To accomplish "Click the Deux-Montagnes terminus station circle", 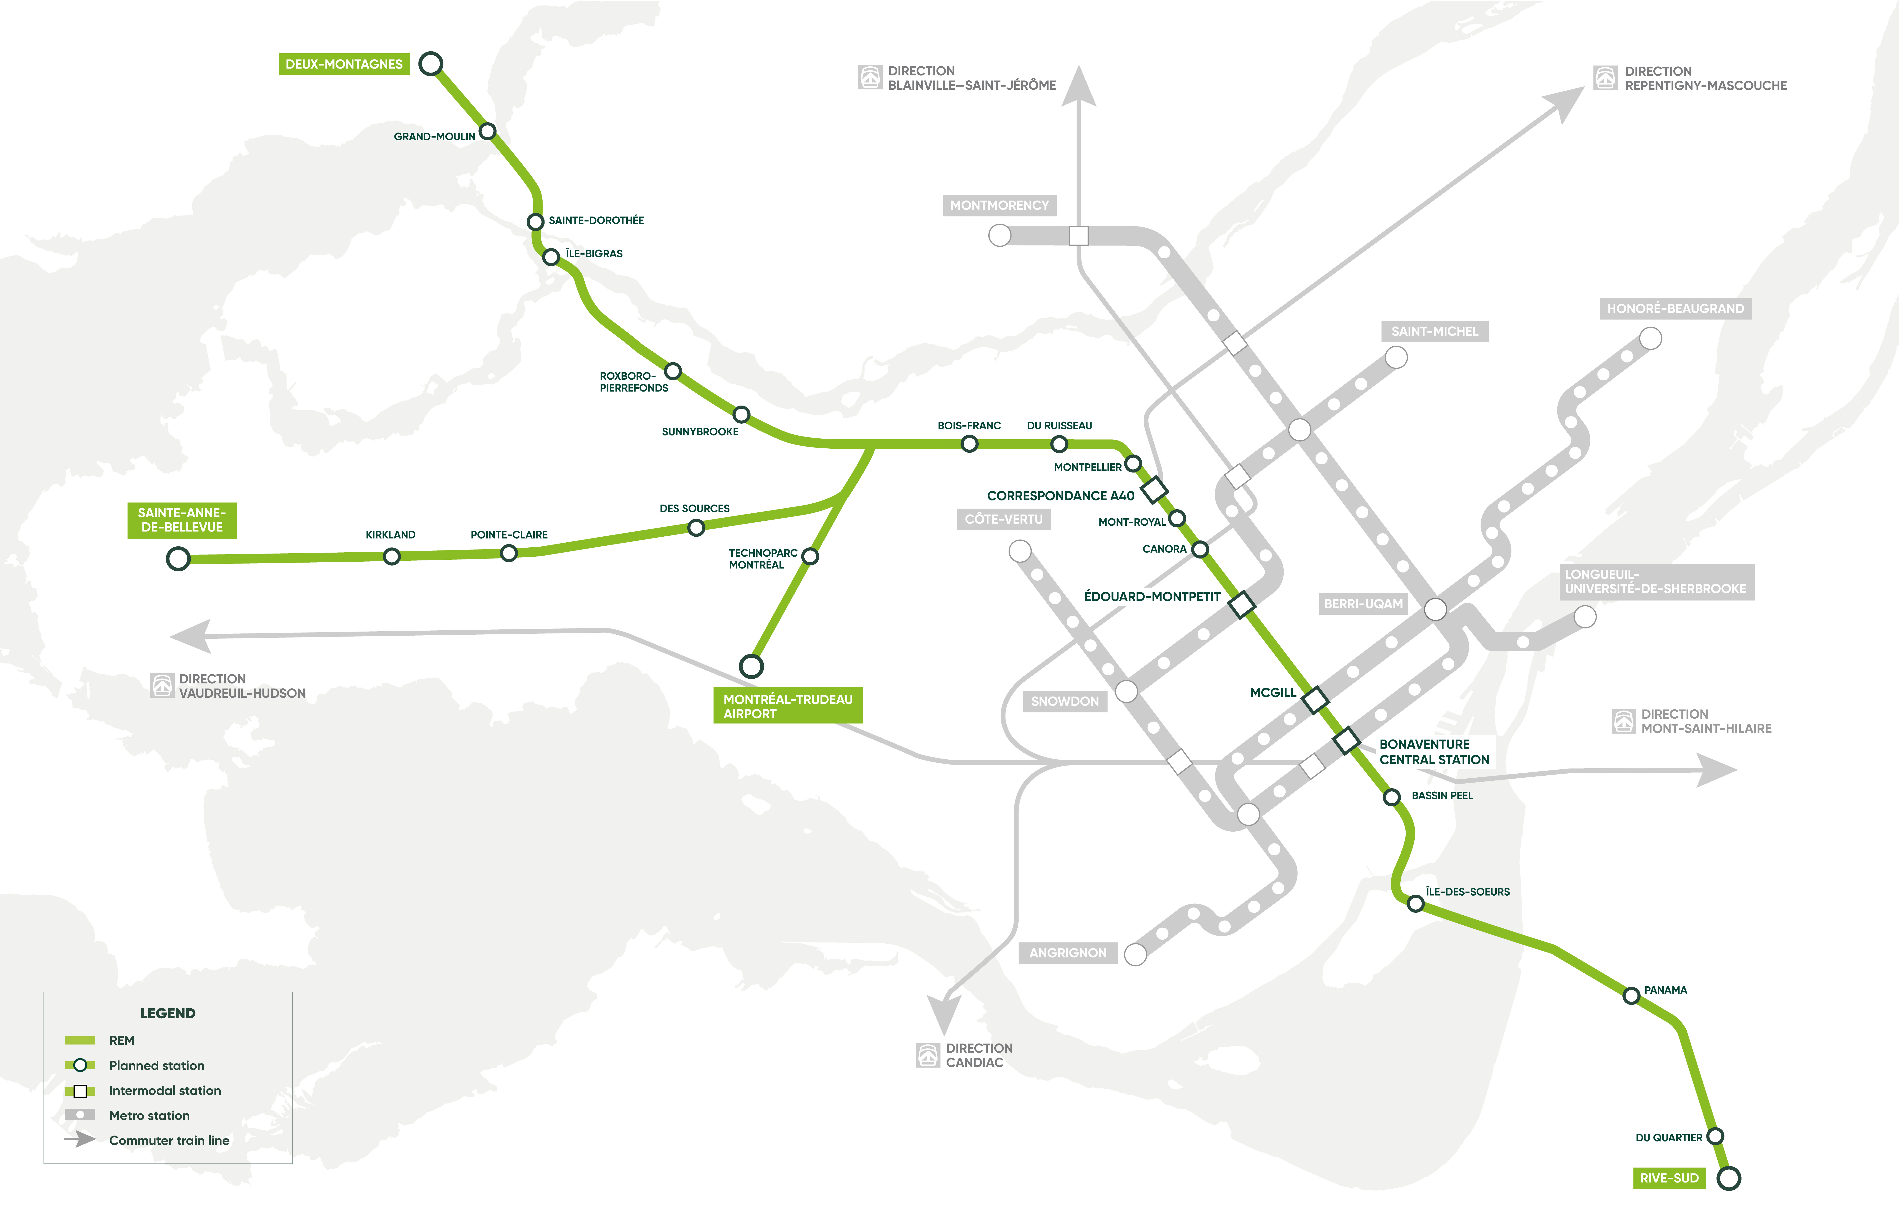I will [x=431, y=64].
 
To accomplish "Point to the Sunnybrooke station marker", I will [x=741, y=414].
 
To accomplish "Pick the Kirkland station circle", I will [x=391, y=556].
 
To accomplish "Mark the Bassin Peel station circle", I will [x=1392, y=797].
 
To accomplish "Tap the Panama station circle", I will [x=1632, y=996].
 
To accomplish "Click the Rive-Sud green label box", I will [x=1669, y=1178].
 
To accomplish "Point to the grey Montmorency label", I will [x=999, y=205].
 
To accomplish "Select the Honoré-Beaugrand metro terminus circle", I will [x=1650, y=338].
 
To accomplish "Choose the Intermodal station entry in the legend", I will [x=164, y=1090].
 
